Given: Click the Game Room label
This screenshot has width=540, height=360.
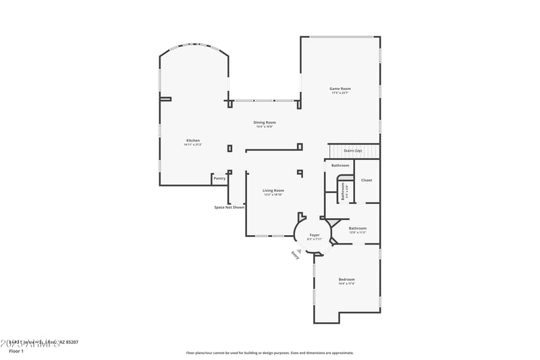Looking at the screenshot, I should [340, 88].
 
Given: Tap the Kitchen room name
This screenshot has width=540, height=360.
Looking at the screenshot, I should [193, 140].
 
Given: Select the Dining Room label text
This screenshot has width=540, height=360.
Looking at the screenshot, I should [265, 122].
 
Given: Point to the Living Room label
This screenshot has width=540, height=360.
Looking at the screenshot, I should [273, 190].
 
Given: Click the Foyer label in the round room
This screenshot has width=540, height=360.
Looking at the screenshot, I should [315, 234].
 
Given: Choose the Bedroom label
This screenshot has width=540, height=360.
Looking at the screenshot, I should [346, 279].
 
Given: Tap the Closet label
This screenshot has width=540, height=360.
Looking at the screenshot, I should [367, 180].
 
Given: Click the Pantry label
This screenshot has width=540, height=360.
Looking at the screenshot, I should [219, 178].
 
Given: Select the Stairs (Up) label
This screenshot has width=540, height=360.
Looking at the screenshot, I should [353, 151].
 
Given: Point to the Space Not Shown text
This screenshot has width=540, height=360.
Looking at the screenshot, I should [229, 207].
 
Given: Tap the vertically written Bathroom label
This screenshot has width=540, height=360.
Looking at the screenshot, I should [343, 191].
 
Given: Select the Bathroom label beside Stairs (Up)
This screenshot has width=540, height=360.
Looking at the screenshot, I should [340, 165].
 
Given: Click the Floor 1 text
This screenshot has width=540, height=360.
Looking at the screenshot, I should [16, 351].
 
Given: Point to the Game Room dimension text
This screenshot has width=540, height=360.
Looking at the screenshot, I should [340, 93].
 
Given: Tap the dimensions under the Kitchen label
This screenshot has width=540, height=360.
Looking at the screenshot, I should [193, 145].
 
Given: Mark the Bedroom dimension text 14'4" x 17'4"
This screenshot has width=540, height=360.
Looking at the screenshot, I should [346, 284].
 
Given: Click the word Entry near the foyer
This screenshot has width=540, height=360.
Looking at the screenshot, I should [295, 255].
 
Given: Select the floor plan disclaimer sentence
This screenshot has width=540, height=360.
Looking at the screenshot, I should [269, 353].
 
